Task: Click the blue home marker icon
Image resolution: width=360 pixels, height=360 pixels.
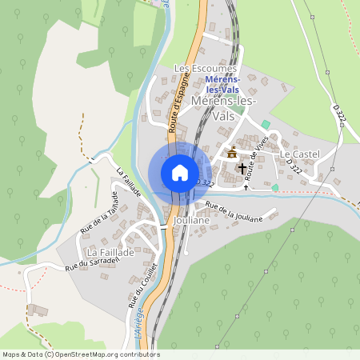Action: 180,172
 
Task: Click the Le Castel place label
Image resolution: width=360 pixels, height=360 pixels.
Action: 300,154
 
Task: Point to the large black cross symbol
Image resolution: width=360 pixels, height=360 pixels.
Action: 243,169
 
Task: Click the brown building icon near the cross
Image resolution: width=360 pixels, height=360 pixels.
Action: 232,152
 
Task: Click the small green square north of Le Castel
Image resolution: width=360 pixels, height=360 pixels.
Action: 265,124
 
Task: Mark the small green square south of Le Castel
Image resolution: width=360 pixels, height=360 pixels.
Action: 274,188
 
